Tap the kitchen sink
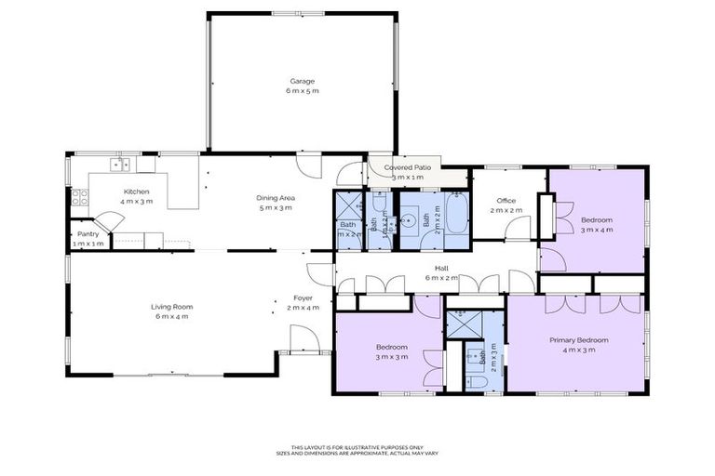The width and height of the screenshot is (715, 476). click(x=119, y=165)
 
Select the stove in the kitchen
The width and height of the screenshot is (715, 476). click(x=78, y=196)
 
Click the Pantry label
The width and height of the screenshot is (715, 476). click(x=88, y=233)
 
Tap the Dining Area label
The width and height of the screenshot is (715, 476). click(x=276, y=197)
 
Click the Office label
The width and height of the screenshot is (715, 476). click(x=506, y=200)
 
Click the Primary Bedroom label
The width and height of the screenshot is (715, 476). click(x=578, y=340)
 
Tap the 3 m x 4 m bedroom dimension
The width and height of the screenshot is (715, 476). click(x=597, y=229)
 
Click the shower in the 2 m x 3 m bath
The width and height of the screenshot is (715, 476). click(x=461, y=324)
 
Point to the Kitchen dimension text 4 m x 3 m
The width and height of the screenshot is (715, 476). click(x=136, y=201)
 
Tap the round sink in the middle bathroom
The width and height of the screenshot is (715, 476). click(x=408, y=221)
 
